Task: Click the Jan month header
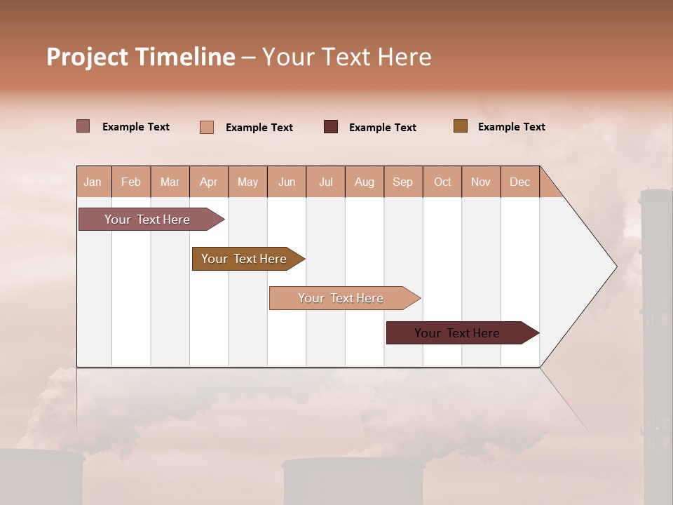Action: [93, 182]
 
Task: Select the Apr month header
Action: [209, 182]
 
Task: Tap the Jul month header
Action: [325, 182]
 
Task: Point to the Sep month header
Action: [403, 182]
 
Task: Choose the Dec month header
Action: [519, 182]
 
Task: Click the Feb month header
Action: [131, 182]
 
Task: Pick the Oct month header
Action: [442, 182]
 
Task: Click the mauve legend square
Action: [83, 126]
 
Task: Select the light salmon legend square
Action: [207, 127]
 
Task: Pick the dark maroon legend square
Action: [331, 127]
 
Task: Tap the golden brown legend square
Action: [461, 126]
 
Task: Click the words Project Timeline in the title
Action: [141, 57]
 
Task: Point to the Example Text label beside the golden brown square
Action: [511, 127]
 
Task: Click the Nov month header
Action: [481, 182]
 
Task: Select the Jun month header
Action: [287, 182]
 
